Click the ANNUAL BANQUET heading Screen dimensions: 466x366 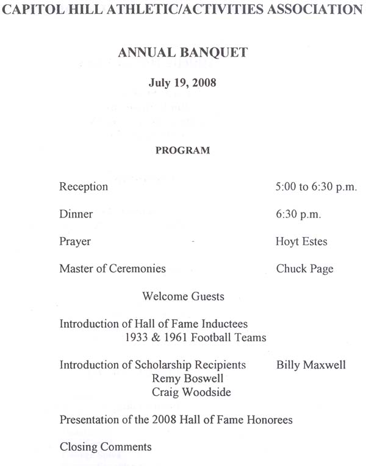(x=182, y=52)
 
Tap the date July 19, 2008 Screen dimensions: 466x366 (x=182, y=83)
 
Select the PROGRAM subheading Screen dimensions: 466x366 (x=182, y=150)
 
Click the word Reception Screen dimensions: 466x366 (x=84, y=187)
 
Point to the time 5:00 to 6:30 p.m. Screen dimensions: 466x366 (x=316, y=187)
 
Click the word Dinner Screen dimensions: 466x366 (x=76, y=214)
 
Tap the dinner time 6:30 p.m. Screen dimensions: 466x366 (x=298, y=214)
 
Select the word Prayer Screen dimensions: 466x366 (x=75, y=242)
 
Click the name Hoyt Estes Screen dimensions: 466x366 (x=301, y=242)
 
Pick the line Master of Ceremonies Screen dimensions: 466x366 (x=112, y=269)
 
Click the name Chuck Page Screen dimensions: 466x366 (x=304, y=269)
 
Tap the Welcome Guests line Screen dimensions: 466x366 (x=183, y=297)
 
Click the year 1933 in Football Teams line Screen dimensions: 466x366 (x=135, y=337)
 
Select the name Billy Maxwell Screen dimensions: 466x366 (x=310, y=365)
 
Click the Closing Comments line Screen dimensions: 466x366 (x=106, y=447)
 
